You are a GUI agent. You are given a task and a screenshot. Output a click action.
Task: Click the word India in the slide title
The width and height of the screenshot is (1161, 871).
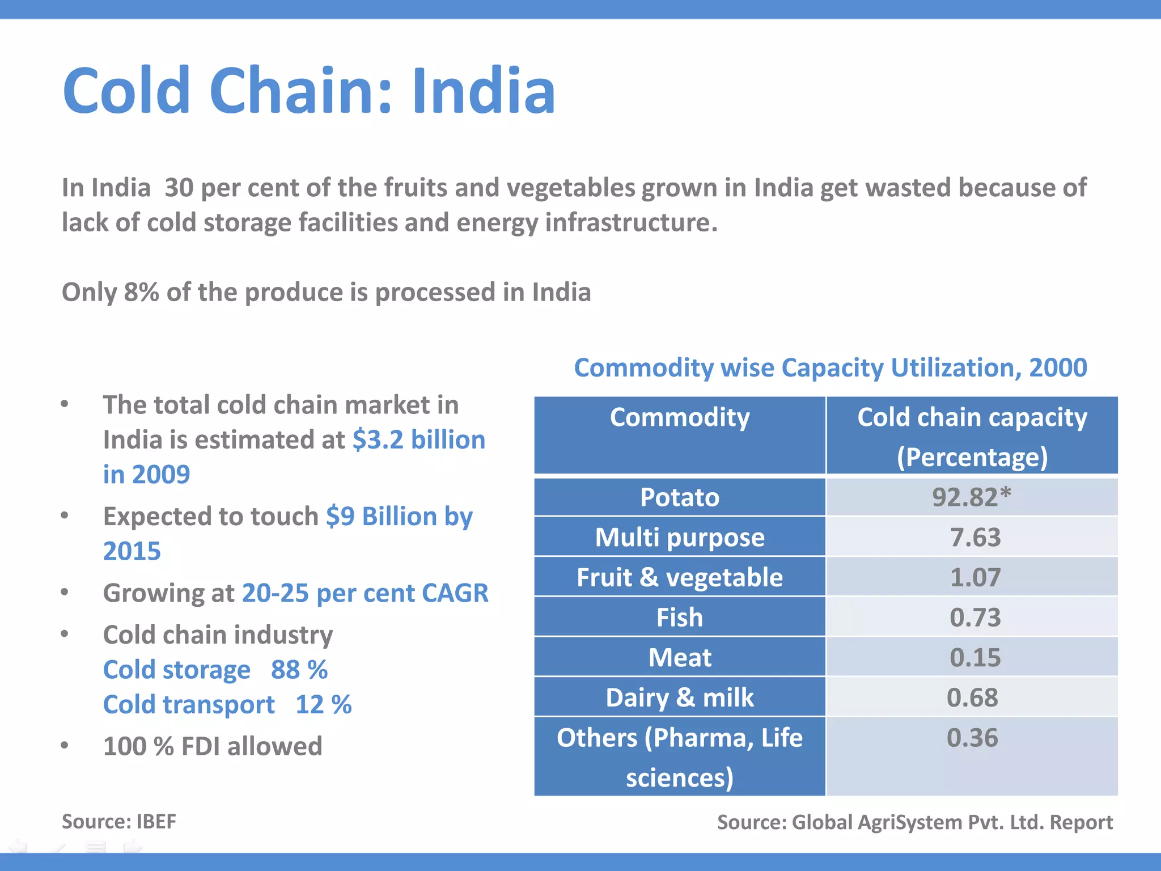pyautogui.click(x=483, y=91)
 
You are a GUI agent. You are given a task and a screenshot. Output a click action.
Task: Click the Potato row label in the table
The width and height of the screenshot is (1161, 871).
pyautogui.click(x=679, y=497)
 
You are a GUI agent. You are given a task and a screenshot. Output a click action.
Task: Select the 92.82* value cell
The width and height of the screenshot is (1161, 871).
pyautogui.click(x=972, y=497)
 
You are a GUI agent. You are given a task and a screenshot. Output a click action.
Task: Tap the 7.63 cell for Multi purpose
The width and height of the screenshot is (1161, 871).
pyautogui.click(x=975, y=537)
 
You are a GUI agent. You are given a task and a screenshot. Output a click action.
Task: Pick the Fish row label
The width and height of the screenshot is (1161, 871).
pyautogui.click(x=679, y=617)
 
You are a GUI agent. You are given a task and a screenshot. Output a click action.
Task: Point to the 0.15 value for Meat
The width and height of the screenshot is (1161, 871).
pyautogui.click(x=975, y=657)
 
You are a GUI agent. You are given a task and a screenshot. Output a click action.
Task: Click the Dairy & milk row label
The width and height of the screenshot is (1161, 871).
pyautogui.click(x=679, y=697)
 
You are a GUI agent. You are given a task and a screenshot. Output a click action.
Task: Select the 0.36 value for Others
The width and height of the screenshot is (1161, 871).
pyautogui.click(x=972, y=738)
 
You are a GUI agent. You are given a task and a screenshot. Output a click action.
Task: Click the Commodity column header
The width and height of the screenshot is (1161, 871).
pyautogui.click(x=679, y=418)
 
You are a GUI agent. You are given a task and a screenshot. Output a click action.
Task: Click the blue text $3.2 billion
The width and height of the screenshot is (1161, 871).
pyautogui.click(x=418, y=439)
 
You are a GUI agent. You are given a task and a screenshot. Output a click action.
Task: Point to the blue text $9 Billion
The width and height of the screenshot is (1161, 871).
pyautogui.click(x=381, y=516)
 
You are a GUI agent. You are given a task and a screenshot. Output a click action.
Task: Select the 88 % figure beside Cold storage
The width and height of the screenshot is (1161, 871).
pyautogui.click(x=299, y=670)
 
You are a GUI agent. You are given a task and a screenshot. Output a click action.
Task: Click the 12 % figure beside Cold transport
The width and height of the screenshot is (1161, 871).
pyautogui.click(x=323, y=705)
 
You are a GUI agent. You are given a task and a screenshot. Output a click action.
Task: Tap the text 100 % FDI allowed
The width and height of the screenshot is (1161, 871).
pyautogui.click(x=212, y=746)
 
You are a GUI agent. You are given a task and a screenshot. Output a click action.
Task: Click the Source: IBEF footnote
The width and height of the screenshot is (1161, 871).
pyautogui.click(x=118, y=821)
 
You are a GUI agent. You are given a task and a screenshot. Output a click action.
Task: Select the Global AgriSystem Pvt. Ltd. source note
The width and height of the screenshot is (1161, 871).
pyautogui.click(x=914, y=822)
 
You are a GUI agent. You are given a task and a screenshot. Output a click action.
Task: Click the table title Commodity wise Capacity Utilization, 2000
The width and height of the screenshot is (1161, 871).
pyautogui.click(x=830, y=367)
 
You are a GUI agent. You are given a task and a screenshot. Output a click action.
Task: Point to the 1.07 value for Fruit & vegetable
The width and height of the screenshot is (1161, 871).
pyautogui.click(x=975, y=577)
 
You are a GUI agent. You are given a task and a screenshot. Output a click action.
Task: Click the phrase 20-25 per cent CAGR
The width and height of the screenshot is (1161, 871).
pyautogui.click(x=365, y=593)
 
